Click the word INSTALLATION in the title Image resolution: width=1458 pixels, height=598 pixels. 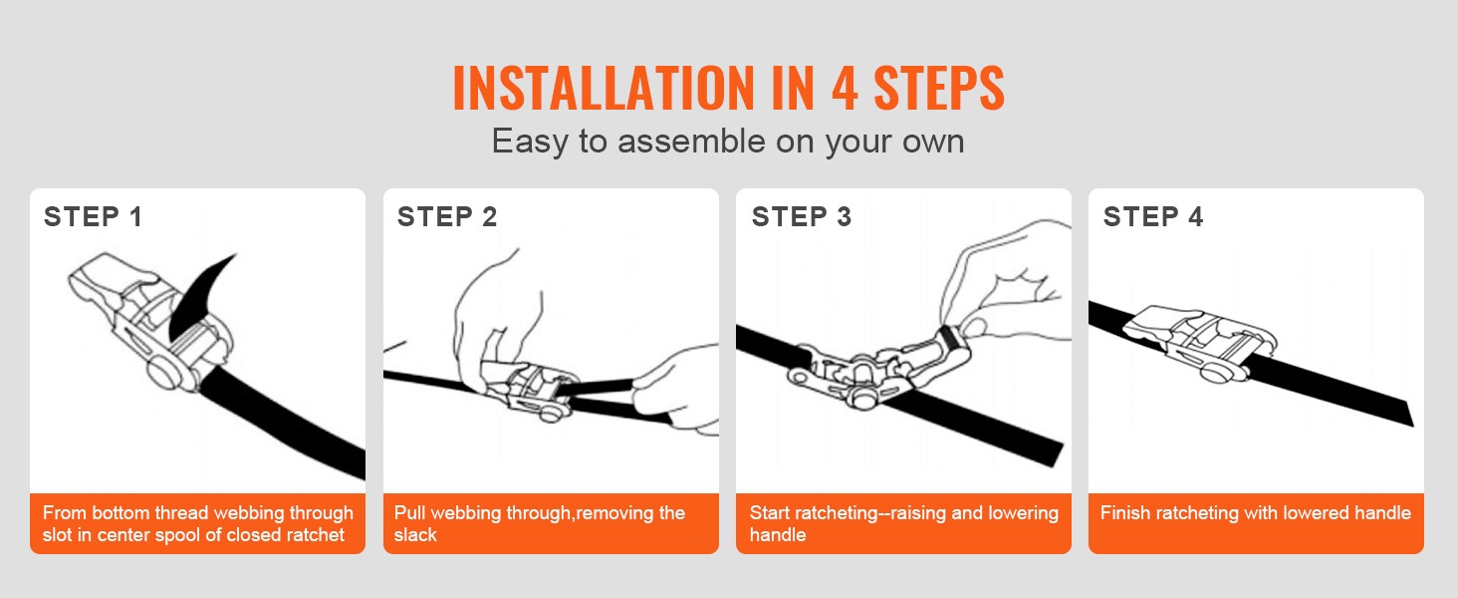click(604, 88)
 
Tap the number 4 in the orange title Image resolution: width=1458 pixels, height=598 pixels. click(845, 88)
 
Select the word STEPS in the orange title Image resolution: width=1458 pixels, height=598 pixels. click(939, 88)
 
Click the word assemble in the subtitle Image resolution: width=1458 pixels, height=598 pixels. click(691, 141)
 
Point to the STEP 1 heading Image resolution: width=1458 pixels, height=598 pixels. click(93, 217)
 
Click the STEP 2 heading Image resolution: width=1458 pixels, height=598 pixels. click(447, 217)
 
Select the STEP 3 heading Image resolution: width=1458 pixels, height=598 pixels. click(802, 217)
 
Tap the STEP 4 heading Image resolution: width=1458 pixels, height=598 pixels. click(1152, 217)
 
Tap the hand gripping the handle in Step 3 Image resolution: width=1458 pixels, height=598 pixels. click(1006, 287)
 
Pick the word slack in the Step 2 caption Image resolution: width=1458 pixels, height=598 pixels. click(415, 535)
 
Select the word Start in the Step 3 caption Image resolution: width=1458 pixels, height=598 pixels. click(769, 513)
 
